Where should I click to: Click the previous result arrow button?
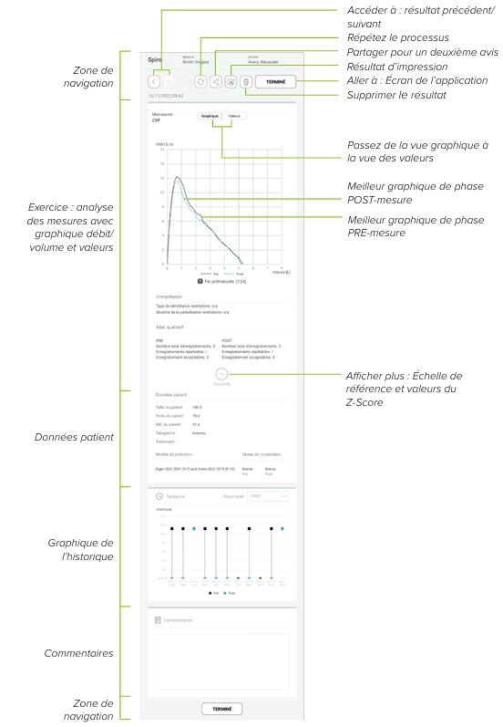(x=155, y=81)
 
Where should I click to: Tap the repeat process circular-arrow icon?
(x=200, y=81)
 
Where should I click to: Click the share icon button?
(x=216, y=81)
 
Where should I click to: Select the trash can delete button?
(x=245, y=81)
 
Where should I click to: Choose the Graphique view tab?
(x=210, y=118)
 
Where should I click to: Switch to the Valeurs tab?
(x=234, y=118)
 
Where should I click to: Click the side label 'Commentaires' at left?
(x=83, y=653)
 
